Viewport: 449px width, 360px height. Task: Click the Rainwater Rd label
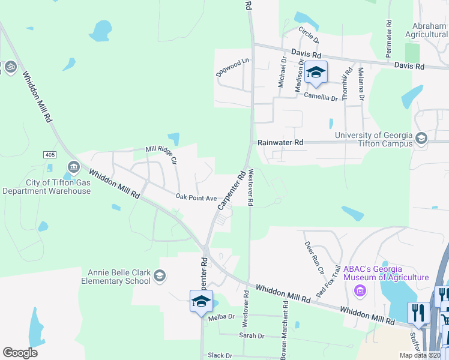[280, 143]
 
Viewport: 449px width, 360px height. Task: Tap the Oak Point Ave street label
[196, 197]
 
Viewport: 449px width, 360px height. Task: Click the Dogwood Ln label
[233, 67]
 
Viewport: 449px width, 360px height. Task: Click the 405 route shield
[50, 155]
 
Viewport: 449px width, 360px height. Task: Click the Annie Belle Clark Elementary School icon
[159, 276]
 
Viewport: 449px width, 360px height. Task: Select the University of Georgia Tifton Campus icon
[421, 139]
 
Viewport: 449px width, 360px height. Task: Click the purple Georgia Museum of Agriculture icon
[360, 291]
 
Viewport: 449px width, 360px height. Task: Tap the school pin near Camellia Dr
[316, 73]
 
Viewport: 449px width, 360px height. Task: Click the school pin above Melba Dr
[201, 301]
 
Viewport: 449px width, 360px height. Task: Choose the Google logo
[20, 353]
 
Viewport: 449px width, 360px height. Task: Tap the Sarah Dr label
[252, 336]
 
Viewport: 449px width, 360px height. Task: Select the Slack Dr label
[220, 355]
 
